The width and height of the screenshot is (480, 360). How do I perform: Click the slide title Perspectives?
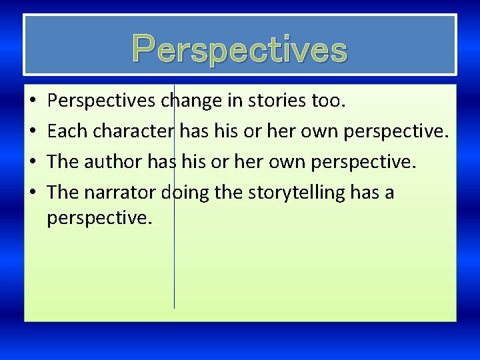coord(240,48)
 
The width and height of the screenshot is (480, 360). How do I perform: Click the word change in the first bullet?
coord(195,101)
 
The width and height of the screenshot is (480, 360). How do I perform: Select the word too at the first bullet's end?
coord(329,101)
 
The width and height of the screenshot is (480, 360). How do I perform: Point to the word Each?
coord(68,131)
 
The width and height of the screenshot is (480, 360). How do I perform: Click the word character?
coord(134,131)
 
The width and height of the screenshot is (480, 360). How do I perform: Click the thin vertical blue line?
coord(174,267)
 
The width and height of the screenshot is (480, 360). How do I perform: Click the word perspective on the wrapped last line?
coord(100,218)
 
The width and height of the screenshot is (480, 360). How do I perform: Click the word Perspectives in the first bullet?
coord(102,101)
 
